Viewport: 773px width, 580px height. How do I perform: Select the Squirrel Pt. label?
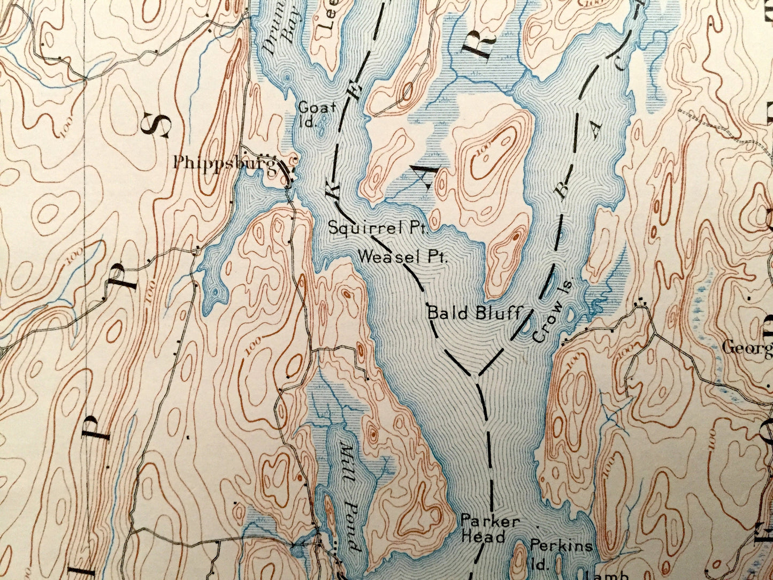[x=378, y=228]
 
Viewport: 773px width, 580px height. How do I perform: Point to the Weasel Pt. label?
[x=402, y=257]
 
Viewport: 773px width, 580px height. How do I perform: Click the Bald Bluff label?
[x=474, y=313]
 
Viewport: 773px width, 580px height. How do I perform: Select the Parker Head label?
[x=483, y=529]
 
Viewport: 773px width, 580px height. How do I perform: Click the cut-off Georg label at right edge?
[x=747, y=348]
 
